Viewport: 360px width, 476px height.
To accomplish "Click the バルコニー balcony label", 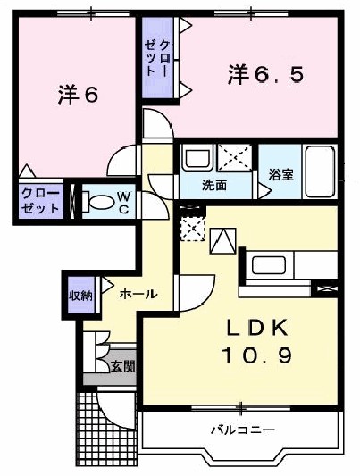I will point(242,430).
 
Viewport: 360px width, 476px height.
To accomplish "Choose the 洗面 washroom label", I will point(213,186).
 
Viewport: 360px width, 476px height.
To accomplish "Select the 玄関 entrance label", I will point(122,365).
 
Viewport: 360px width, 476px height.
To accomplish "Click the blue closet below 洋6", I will point(41,201).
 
